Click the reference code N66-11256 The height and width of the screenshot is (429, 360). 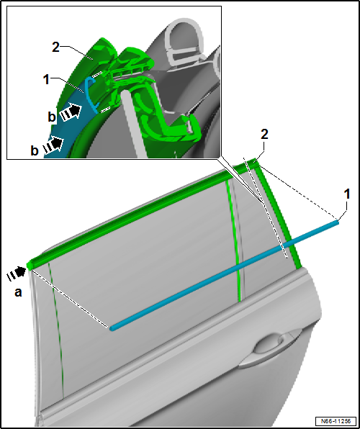(337, 420)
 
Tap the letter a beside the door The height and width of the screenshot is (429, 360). (18, 293)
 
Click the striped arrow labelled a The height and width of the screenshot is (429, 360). (17, 274)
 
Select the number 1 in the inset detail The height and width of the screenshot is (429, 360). (47, 80)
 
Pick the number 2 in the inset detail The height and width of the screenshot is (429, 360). (55, 48)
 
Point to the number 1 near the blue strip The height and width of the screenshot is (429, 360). (347, 194)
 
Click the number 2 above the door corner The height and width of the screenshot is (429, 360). (264, 135)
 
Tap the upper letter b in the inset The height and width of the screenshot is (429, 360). (51, 117)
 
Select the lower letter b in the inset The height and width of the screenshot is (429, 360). (35, 150)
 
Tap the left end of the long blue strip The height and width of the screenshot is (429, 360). (112, 328)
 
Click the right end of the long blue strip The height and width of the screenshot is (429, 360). (338, 222)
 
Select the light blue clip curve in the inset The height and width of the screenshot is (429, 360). (91, 95)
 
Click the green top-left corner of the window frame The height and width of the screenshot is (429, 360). (30, 265)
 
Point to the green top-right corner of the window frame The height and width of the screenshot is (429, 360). (256, 161)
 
